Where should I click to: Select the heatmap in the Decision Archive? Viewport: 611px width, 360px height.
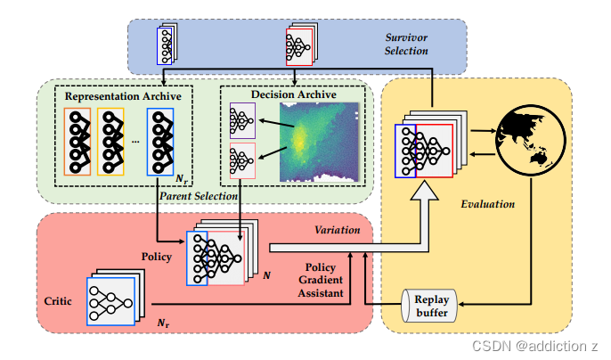click(x=321, y=143)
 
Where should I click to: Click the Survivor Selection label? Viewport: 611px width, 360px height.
click(x=406, y=45)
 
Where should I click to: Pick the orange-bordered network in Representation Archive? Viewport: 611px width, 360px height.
click(x=78, y=142)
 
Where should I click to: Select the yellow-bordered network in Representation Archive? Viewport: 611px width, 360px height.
click(x=112, y=142)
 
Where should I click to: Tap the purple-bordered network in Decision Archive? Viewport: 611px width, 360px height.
click(x=242, y=119)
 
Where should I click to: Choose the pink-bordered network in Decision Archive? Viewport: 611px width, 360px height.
click(x=242, y=160)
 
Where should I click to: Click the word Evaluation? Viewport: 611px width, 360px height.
click(x=487, y=204)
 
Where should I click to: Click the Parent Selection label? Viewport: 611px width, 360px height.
click(x=198, y=195)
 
